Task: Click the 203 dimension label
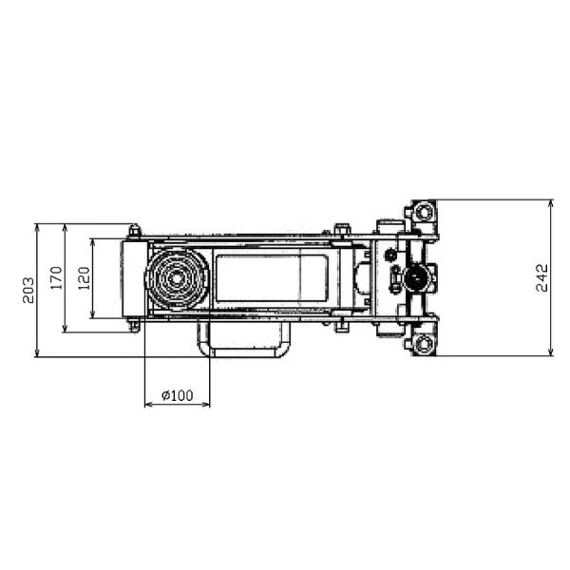(x=28, y=290)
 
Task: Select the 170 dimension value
(x=57, y=278)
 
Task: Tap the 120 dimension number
(x=84, y=278)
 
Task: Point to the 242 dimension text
(x=541, y=277)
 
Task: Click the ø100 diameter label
(x=178, y=395)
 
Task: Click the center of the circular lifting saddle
(x=177, y=278)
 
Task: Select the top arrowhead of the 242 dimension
(x=551, y=203)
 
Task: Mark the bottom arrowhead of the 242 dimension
(x=551, y=351)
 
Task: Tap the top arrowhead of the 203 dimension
(x=37, y=228)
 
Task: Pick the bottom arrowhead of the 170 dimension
(x=65, y=328)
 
